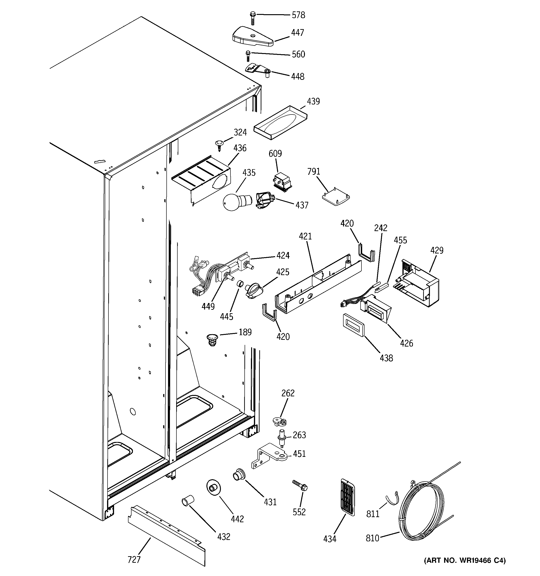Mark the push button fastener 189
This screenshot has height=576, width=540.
tap(213, 340)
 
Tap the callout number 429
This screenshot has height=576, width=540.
tap(436, 250)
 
